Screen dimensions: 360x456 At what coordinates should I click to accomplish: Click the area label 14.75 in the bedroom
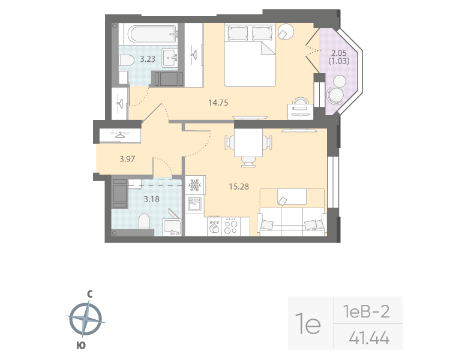click(x=217, y=103)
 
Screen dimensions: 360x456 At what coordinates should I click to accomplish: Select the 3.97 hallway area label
click(x=127, y=159)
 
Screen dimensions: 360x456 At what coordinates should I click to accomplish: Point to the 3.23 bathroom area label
click(x=148, y=59)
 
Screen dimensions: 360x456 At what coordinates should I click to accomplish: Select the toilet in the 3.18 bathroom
click(x=144, y=222)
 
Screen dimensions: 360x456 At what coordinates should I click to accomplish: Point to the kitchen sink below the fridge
click(x=194, y=205)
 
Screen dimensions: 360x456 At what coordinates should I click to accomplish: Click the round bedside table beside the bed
click(x=286, y=31)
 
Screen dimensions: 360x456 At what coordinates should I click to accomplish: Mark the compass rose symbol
click(x=86, y=319)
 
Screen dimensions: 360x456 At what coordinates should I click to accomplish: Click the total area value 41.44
click(x=368, y=339)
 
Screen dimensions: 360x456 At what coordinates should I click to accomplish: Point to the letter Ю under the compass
click(x=80, y=345)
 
